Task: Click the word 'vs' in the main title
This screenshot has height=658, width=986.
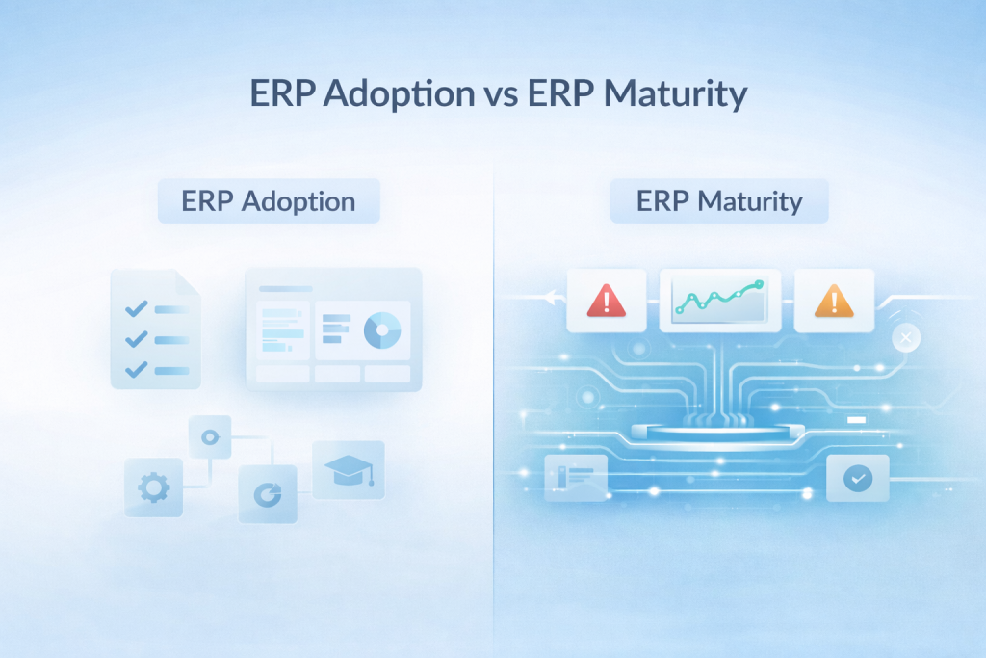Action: pyautogui.click(x=496, y=94)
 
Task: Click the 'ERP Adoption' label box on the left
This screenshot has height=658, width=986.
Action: pyautogui.click(x=269, y=202)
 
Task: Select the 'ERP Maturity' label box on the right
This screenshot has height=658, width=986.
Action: pyautogui.click(x=719, y=202)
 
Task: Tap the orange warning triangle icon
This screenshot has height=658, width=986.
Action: pyautogui.click(x=834, y=301)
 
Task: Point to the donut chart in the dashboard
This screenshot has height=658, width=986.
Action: pyautogui.click(x=381, y=330)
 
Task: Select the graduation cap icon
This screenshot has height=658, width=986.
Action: pyautogui.click(x=349, y=470)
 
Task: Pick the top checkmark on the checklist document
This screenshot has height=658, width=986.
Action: pyautogui.click(x=137, y=308)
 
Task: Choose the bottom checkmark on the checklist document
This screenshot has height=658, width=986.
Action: pyautogui.click(x=137, y=368)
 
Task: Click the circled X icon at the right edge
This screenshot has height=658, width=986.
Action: pyautogui.click(x=906, y=338)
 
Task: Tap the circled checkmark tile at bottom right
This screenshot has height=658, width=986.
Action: pyautogui.click(x=857, y=479)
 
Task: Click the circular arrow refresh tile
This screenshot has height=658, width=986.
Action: pyautogui.click(x=268, y=494)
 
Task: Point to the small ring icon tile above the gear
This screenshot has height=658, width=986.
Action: pyautogui.click(x=209, y=436)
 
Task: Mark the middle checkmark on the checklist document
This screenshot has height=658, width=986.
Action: pyautogui.click(x=137, y=338)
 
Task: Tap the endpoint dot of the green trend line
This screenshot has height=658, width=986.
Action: pyautogui.click(x=760, y=284)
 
